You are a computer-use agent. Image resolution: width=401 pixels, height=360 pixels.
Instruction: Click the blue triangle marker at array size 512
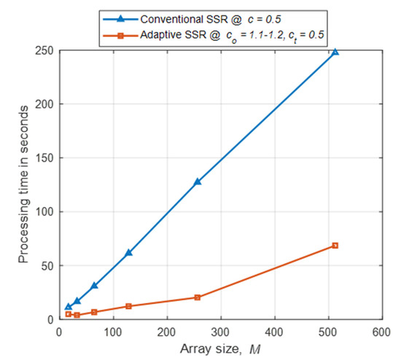[335, 52]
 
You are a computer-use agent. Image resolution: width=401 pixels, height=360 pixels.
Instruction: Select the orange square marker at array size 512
[335, 246]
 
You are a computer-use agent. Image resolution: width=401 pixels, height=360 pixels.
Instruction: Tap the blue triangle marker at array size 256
[197, 181]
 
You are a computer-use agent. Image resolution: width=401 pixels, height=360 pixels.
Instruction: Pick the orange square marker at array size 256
[197, 297]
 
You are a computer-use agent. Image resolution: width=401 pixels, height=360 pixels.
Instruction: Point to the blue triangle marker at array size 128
[128, 253]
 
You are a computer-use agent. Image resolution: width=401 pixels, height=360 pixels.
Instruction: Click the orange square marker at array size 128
[128, 306]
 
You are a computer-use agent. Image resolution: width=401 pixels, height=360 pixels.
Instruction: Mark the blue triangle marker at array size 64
[94, 286]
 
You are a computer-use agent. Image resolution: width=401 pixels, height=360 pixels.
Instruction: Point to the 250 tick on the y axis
[44, 50]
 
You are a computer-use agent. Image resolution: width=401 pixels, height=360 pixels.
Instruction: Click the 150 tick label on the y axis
[44, 157]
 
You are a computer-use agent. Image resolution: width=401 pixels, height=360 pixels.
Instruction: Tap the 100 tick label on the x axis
[113, 332]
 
